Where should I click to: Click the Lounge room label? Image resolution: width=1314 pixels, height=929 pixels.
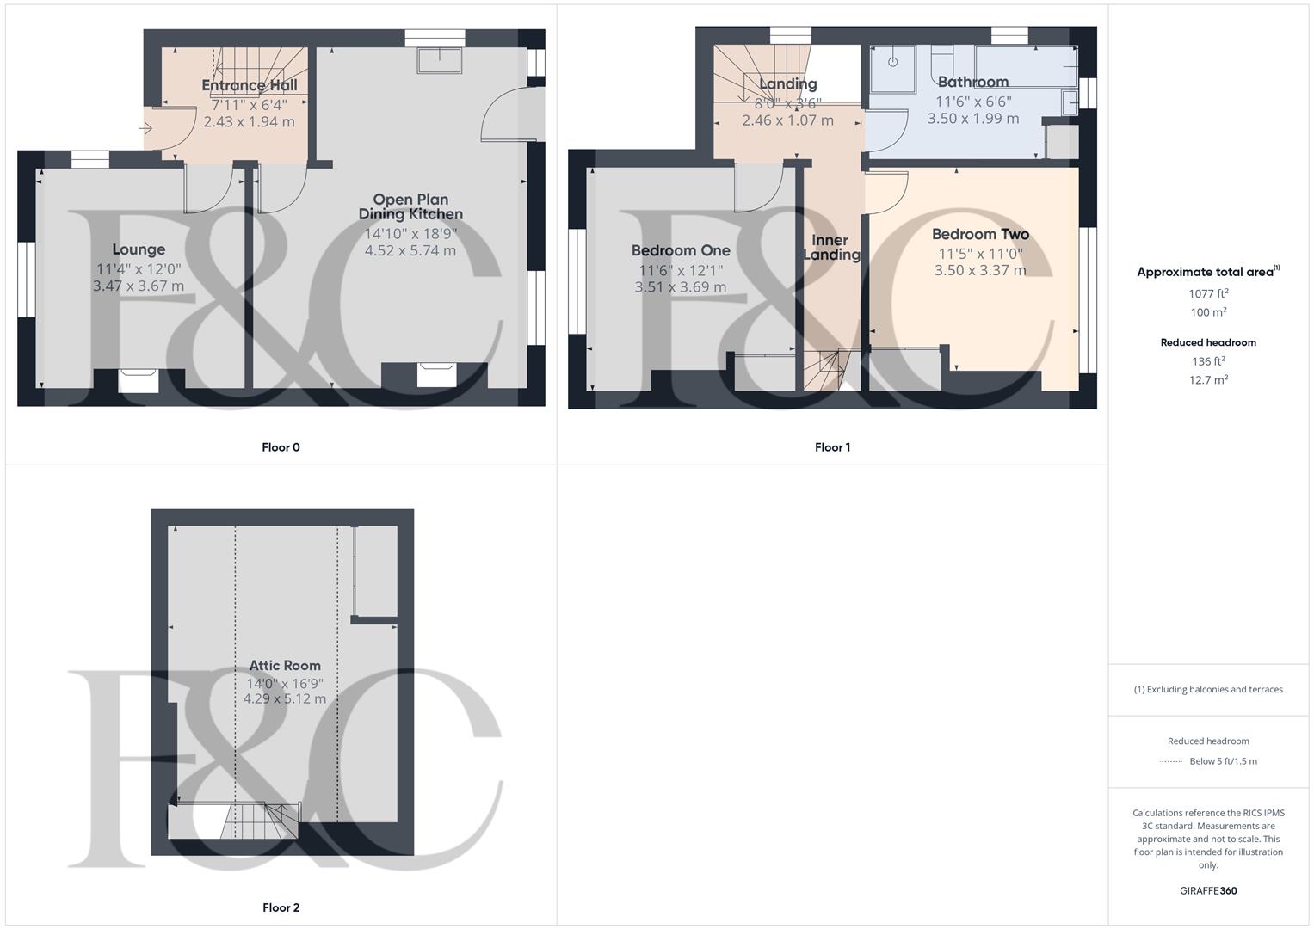click(x=139, y=249)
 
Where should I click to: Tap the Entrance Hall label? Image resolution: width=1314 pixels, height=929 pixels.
click(x=250, y=85)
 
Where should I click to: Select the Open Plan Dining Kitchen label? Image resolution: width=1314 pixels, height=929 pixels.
click(x=410, y=206)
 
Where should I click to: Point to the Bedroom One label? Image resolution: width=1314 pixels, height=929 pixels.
click(x=681, y=250)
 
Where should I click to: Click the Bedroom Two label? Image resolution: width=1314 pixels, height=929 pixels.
click(x=980, y=234)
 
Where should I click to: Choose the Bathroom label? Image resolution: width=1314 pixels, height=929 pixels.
click(x=973, y=82)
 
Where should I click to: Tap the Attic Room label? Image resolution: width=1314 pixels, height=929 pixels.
click(x=285, y=665)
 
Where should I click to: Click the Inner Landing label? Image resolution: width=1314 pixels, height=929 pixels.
click(x=831, y=247)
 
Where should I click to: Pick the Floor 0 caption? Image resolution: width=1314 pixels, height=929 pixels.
click(x=281, y=447)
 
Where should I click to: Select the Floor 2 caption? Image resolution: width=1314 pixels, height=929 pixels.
click(x=281, y=907)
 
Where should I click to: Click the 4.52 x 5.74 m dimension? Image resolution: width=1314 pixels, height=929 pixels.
click(x=410, y=250)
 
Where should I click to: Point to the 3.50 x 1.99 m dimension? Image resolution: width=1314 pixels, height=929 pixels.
click(x=973, y=119)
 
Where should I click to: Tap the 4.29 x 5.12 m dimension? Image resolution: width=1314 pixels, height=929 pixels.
click(x=285, y=698)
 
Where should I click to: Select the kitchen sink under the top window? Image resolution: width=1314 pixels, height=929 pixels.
click(x=440, y=60)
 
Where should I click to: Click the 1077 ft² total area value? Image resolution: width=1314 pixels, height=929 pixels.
click(x=1208, y=293)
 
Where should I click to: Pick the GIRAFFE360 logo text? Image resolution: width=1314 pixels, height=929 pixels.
click(x=1208, y=891)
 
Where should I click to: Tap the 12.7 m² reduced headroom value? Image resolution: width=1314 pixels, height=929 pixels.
click(x=1208, y=379)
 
